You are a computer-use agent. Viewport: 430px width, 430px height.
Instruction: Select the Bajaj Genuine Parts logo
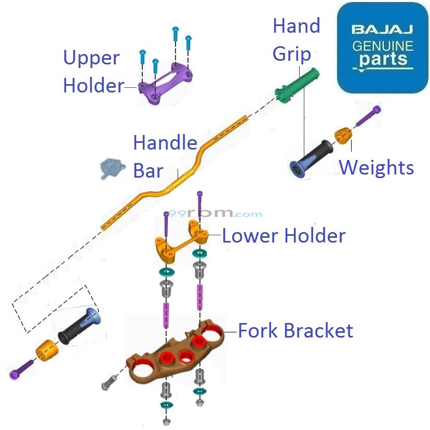(383, 47)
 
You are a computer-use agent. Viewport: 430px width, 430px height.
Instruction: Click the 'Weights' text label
(376, 168)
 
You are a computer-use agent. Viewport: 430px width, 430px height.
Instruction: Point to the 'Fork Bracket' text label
(295, 330)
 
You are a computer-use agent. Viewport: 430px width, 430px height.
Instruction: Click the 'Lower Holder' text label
(284, 236)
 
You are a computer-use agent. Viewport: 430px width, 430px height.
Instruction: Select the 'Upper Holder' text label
(92, 72)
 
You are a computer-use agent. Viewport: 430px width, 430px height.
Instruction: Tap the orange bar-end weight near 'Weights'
(343, 135)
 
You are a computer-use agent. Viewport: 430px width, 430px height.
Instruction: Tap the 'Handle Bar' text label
(164, 156)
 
